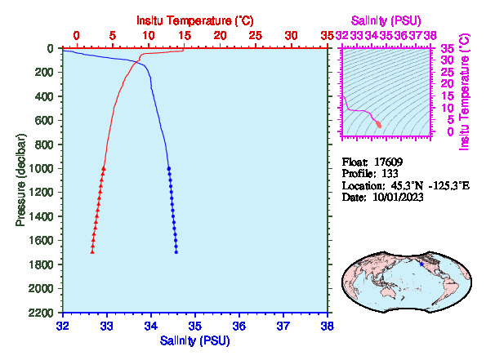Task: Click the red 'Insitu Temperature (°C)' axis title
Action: pyautogui.click(x=195, y=20)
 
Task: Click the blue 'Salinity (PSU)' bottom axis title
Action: pyautogui.click(x=194, y=340)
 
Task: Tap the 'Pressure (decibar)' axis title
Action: pyautogui.click(x=20, y=180)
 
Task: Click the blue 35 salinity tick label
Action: pyautogui.click(x=195, y=326)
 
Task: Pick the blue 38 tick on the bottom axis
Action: pyautogui.click(x=328, y=326)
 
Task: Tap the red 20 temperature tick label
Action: pyautogui.click(x=220, y=36)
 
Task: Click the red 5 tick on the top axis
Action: pyautogui.click(x=113, y=36)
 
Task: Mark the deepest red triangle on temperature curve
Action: pyautogui.click(x=92, y=251)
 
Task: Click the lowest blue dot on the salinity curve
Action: pyautogui.click(x=176, y=252)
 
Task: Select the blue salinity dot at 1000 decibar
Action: pyautogui.click(x=169, y=168)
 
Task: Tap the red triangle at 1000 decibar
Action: pyautogui.click(x=104, y=168)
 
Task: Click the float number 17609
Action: pyautogui.click(x=388, y=162)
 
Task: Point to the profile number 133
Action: pyautogui.click(x=390, y=173)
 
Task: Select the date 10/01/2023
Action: pyautogui.click(x=398, y=197)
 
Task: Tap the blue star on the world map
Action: pyautogui.click(x=421, y=264)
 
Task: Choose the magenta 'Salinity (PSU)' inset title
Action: pyautogui.click(x=386, y=20)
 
